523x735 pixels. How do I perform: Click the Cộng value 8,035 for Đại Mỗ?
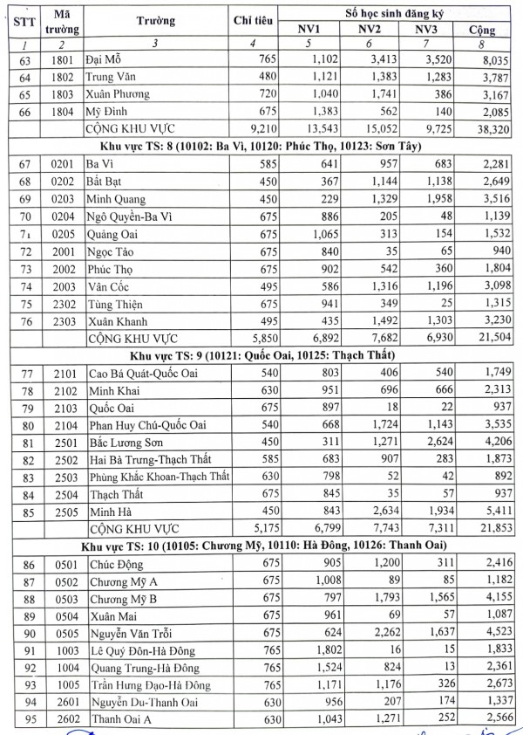tap(488, 58)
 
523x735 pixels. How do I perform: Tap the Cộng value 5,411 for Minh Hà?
tap(488, 512)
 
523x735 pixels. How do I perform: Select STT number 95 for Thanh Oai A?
tap(17, 719)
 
